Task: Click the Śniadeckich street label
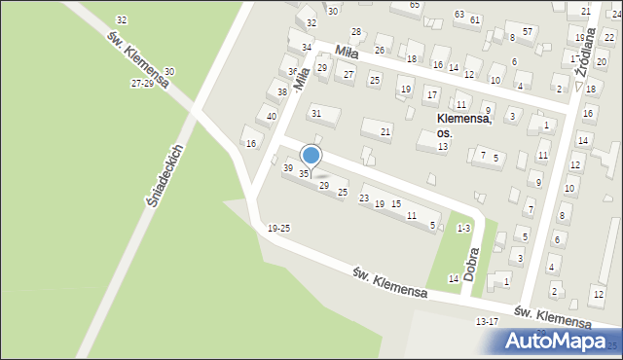(165, 176)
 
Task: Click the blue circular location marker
(311, 156)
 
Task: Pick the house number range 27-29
(142, 85)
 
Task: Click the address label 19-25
(278, 228)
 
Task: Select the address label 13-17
(487, 321)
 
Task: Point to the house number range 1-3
(463, 228)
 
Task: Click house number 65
(415, 5)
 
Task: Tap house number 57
(527, 32)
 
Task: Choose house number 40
(272, 117)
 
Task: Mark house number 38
(282, 92)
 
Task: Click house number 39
(287, 168)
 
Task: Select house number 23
(364, 198)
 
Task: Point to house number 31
(316, 114)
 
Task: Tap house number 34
(307, 47)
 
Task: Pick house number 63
(458, 15)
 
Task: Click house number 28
(356, 32)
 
